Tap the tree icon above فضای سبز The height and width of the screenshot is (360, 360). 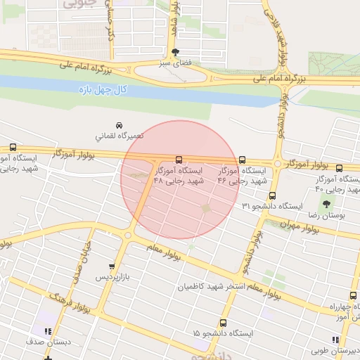(175, 52)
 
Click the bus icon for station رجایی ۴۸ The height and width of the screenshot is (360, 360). (179, 160)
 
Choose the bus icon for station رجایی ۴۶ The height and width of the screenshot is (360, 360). (243, 160)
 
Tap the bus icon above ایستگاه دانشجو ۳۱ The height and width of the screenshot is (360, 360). (272, 196)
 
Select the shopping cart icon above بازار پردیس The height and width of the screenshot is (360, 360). (111, 266)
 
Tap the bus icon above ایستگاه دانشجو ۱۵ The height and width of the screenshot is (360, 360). (223, 323)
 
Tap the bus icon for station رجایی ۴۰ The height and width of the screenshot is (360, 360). (340, 168)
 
